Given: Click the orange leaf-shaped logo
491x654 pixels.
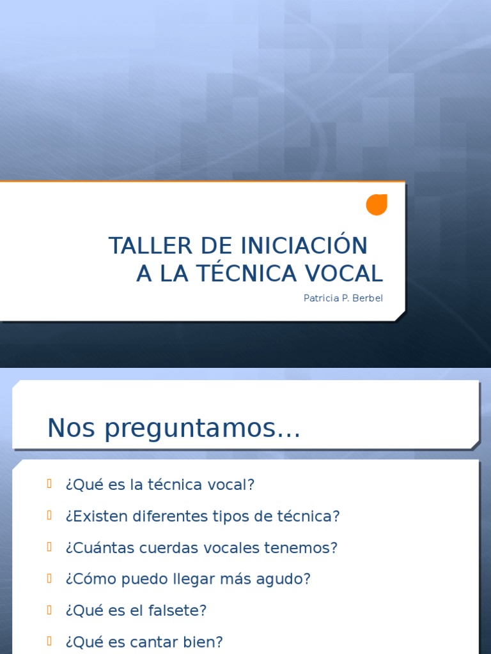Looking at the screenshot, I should pos(377,204).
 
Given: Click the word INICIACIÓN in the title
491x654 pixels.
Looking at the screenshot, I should pos(304,246).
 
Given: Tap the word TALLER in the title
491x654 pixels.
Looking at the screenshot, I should pos(141,246).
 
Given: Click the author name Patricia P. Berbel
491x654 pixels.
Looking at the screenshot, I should pos(343,298).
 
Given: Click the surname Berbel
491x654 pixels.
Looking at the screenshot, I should pos(368,298).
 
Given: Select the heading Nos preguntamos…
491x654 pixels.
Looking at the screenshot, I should pos(173,429).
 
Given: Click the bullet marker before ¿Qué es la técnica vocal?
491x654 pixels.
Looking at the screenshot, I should pos(49,483).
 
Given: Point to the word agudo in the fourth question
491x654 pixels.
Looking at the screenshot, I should pos(289,580).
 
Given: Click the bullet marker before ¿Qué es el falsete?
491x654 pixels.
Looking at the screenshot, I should pos(49,609).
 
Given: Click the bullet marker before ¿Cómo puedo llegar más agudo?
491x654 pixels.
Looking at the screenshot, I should pos(49,578).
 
